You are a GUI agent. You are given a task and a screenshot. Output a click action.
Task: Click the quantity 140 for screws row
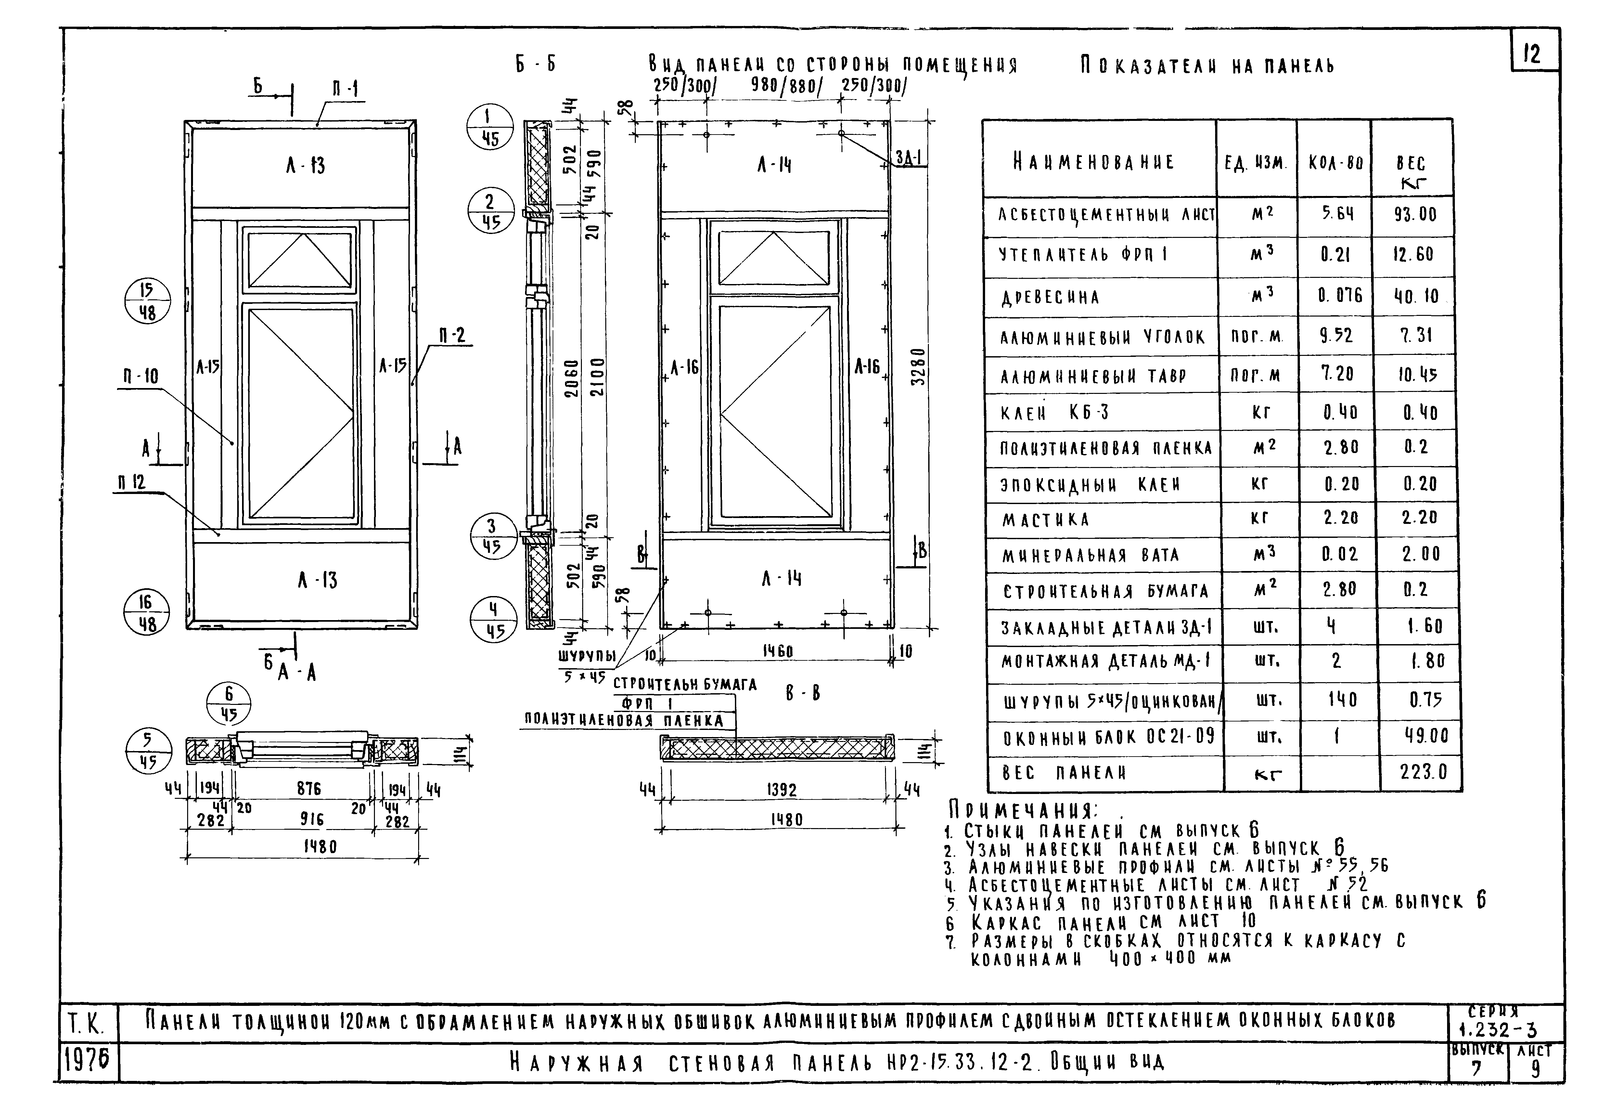coord(1341,700)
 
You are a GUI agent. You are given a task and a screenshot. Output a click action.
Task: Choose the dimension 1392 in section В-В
coord(781,790)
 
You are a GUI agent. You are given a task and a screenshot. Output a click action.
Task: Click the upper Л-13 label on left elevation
coord(305,166)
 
